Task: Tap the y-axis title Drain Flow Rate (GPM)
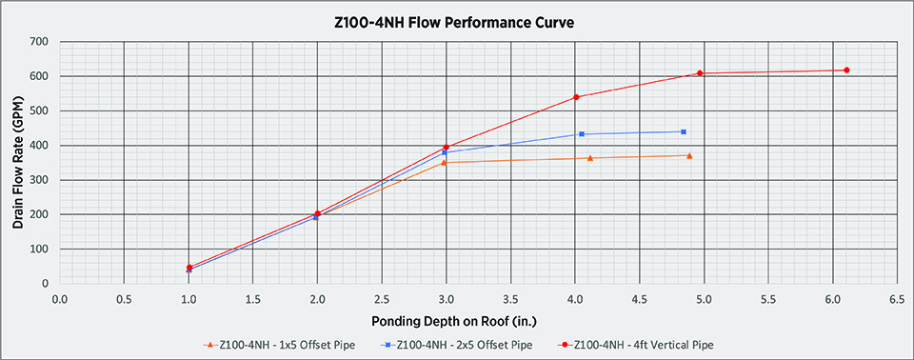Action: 17,162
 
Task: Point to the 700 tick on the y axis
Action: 38,42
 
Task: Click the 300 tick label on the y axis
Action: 38,180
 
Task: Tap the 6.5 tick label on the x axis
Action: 896,299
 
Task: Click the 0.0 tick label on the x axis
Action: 60,299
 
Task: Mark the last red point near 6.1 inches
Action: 846,70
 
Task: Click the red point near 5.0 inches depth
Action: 700,73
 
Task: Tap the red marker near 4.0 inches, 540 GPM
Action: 577,97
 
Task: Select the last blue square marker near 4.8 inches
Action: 684,131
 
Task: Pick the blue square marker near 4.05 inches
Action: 582,134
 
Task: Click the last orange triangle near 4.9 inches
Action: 689,155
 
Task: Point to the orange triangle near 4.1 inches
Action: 590,158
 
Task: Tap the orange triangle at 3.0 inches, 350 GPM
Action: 445,163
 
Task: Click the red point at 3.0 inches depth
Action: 446,148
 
